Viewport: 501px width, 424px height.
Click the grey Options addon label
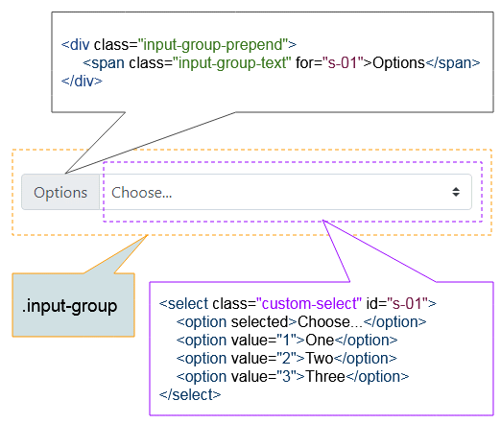click(x=60, y=192)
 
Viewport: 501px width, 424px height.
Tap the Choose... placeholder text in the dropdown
click(x=142, y=193)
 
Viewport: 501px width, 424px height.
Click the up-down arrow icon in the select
click(x=456, y=192)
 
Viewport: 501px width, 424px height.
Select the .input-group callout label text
click(x=69, y=306)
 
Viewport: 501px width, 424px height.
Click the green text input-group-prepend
click(x=213, y=44)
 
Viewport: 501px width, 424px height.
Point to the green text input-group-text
click(x=232, y=62)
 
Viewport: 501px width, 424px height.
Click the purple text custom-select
click(x=309, y=303)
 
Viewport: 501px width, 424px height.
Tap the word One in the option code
click(x=320, y=340)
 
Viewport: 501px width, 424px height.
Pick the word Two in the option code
click(x=320, y=358)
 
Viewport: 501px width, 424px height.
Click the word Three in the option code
click(x=325, y=376)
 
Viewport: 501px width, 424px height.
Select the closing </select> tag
click(x=190, y=394)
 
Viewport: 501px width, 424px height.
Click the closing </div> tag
click(x=82, y=81)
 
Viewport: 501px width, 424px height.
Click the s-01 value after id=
click(x=407, y=303)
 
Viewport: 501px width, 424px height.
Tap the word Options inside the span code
click(x=398, y=63)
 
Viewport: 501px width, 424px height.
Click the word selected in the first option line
click(x=259, y=321)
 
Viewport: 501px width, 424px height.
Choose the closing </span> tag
click(x=453, y=63)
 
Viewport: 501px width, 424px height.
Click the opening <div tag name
click(x=76, y=44)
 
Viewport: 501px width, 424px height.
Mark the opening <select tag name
click(x=183, y=303)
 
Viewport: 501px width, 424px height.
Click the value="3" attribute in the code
click(x=261, y=376)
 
